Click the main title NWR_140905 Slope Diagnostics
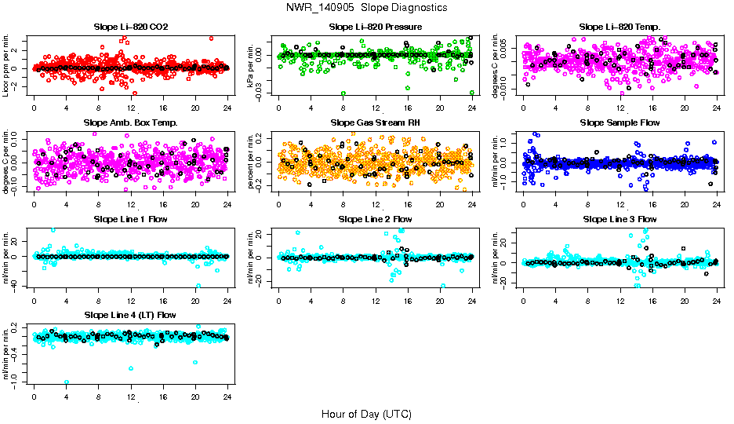click(x=367, y=7)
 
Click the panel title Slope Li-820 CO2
click(x=130, y=27)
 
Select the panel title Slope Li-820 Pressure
click(x=376, y=27)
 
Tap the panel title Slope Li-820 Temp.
click(x=620, y=27)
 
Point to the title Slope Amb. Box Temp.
click(x=130, y=122)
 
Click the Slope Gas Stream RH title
click(x=376, y=122)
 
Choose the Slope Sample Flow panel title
click(x=620, y=122)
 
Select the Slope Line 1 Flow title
click(x=130, y=218)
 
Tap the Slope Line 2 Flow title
click(x=376, y=218)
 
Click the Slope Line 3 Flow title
click(x=620, y=218)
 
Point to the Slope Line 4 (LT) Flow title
click(x=130, y=314)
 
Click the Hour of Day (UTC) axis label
click(x=366, y=413)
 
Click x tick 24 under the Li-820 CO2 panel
click(x=227, y=108)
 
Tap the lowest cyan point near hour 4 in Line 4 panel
click(x=67, y=382)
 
